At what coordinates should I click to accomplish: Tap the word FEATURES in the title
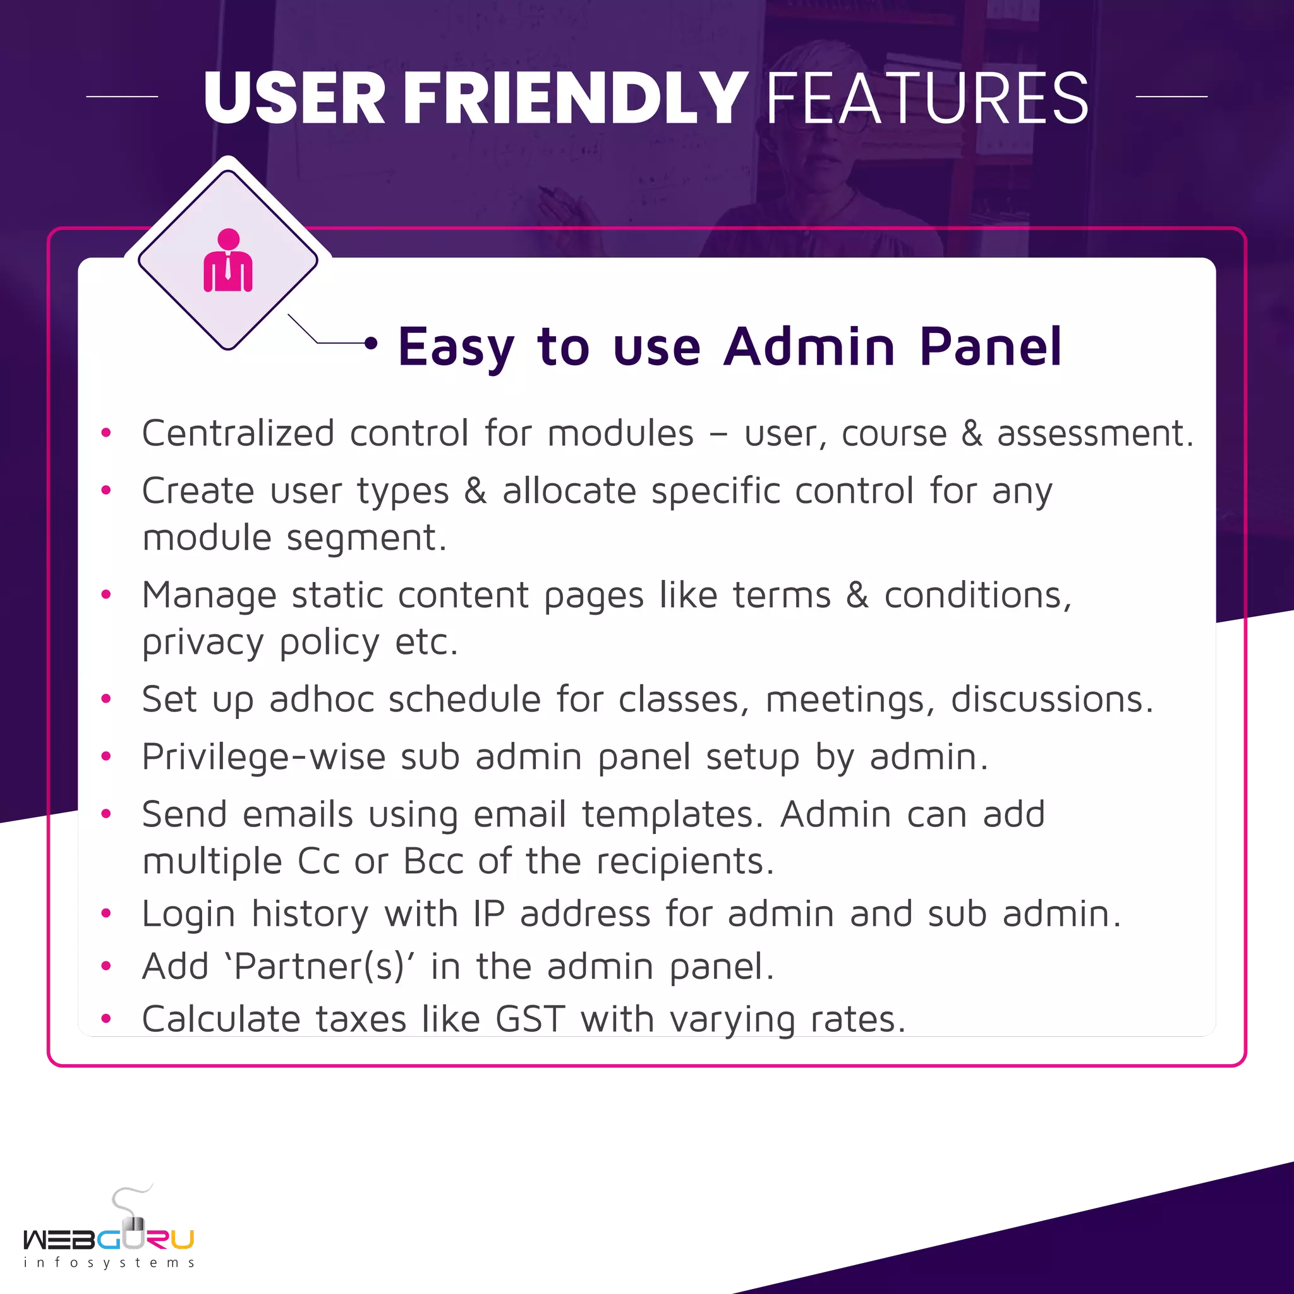click(927, 99)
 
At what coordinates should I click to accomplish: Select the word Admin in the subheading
click(809, 346)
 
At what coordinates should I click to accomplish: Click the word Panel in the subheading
click(991, 346)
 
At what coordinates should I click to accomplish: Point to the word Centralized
click(238, 433)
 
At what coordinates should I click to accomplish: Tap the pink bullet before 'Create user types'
click(106, 490)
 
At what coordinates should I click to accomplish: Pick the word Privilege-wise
click(264, 758)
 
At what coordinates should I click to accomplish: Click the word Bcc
click(433, 861)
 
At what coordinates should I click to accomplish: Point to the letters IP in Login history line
click(489, 914)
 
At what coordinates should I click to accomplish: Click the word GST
click(531, 1019)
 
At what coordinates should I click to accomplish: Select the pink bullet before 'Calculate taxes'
click(106, 1019)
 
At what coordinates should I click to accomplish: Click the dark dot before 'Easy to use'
click(371, 344)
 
